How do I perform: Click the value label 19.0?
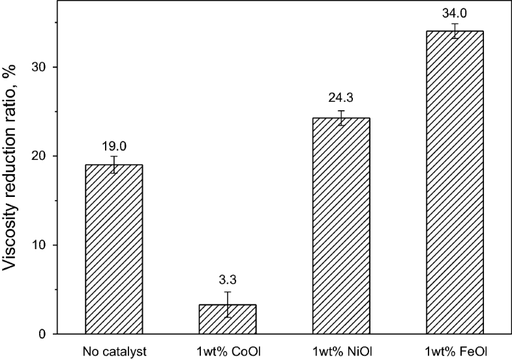[113, 147]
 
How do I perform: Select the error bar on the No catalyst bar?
[113, 164]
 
